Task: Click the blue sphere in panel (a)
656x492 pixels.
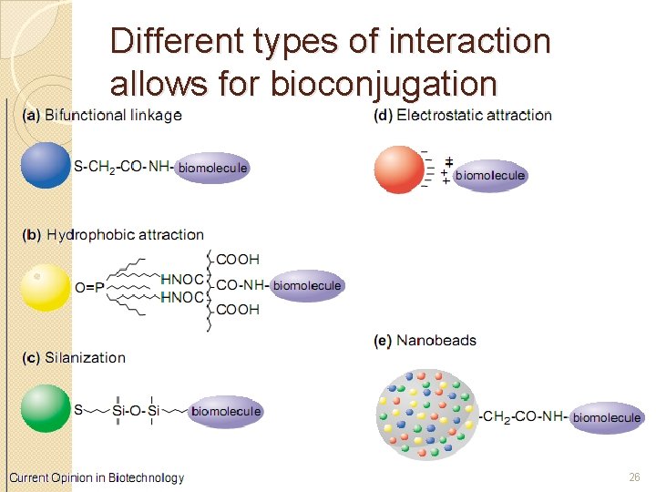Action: [x=46, y=166]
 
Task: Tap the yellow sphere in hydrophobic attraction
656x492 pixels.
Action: [x=46, y=286]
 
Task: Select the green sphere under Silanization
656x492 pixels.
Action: [x=46, y=409]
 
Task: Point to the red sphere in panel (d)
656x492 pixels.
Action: [x=399, y=169]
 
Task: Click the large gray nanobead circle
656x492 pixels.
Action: [x=425, y=415]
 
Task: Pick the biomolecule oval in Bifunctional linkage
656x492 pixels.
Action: [x=212, y=168]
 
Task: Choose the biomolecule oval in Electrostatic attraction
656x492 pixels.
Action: [x=490, y=175]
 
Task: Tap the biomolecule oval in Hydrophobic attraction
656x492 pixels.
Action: [x=307, y=285]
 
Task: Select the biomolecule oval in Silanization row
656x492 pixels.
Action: [x=226, y=411]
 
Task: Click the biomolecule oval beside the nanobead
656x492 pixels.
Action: [x=607, y=417]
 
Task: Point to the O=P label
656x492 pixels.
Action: [x=88, y=287]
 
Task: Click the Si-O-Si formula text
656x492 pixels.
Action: [x=136, y=412]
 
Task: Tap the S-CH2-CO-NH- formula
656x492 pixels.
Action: [x=123, y=167]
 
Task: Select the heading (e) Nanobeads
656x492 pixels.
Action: [x=425, y=341]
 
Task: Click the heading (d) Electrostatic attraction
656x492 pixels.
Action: [x=463, y=115]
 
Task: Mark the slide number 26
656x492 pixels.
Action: [x=634, y=477]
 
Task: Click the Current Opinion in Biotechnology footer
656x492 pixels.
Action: [x=97, y=477]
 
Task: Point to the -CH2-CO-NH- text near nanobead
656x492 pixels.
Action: [x=523, y=417]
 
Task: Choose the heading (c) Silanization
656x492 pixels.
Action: [x=74, y=357]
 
